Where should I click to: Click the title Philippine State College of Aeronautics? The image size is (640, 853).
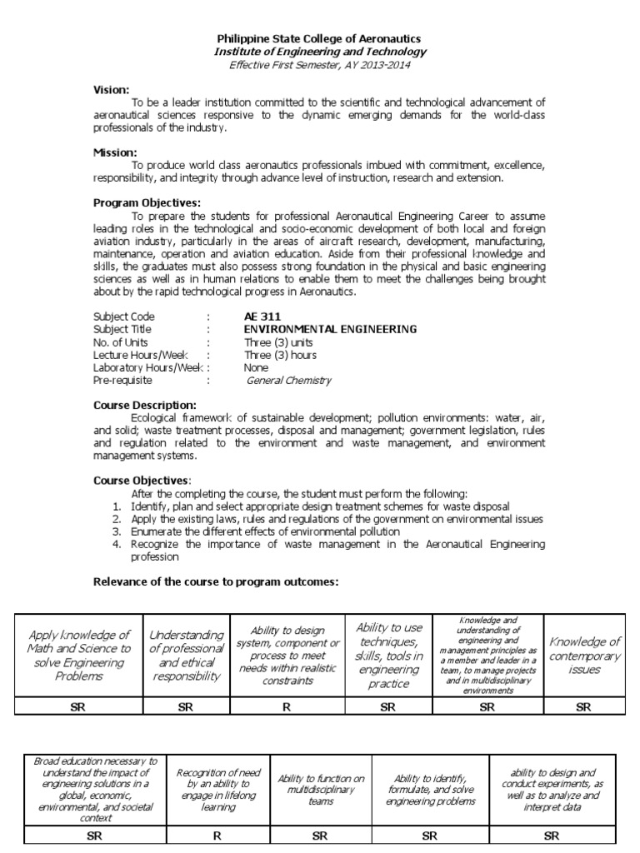point(319,39)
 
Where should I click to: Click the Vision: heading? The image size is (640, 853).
point(112,88)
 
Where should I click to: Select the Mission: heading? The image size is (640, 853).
point(115,152)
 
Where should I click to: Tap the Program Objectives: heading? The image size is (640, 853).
point(147,202)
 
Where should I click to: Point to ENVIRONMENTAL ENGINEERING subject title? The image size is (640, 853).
point(330,329)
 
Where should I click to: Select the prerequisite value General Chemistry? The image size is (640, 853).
point(289,380)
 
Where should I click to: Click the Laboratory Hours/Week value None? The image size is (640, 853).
point(256,367)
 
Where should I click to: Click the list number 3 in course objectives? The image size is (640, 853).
point(117,531)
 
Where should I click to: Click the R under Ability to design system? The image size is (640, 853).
point(287,707)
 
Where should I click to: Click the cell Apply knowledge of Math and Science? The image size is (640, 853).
point(79,656)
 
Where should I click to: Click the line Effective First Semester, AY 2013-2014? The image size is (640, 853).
point(319,64)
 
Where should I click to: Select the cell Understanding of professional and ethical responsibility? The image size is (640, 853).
point(186,656)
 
